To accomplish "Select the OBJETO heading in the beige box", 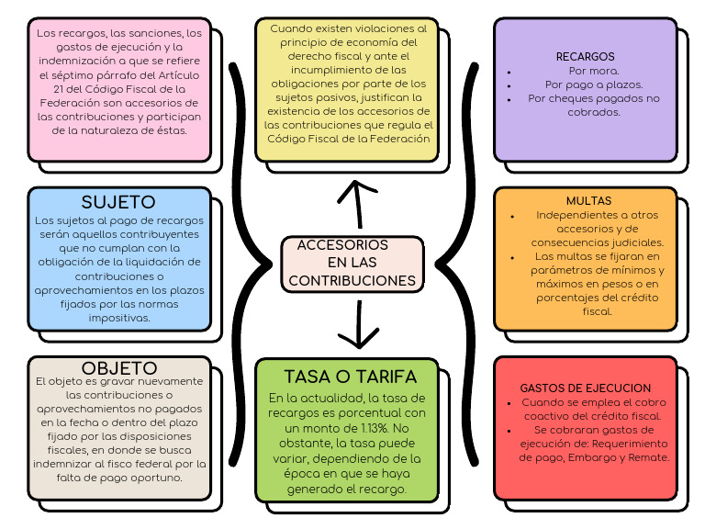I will coord(118,367).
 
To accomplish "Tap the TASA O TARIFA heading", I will coord(350,377).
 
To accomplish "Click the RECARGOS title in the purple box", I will coord(585,57).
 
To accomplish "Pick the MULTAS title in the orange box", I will coord(588,200).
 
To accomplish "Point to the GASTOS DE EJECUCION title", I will coord(585,388).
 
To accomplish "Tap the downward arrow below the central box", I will coord(352,321).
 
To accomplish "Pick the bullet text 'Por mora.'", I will coord(593,71).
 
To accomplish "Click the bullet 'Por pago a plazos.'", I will coord(592,84).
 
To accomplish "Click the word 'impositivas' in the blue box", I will coord(119,318).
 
